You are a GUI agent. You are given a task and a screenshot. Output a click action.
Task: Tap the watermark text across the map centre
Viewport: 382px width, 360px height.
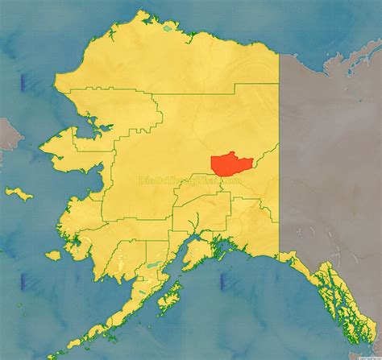(190, 182)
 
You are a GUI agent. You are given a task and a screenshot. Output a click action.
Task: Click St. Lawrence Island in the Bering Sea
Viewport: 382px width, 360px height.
(18, 192)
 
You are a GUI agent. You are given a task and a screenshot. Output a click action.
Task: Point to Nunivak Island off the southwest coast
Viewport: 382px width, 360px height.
(53, 254)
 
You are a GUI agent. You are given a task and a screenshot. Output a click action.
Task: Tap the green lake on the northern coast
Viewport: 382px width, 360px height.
(167, 28)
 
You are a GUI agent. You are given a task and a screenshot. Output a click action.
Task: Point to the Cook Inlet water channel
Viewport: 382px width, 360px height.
(179, 256)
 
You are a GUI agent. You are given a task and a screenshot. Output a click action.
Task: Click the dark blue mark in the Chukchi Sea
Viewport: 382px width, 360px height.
(23, 81)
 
